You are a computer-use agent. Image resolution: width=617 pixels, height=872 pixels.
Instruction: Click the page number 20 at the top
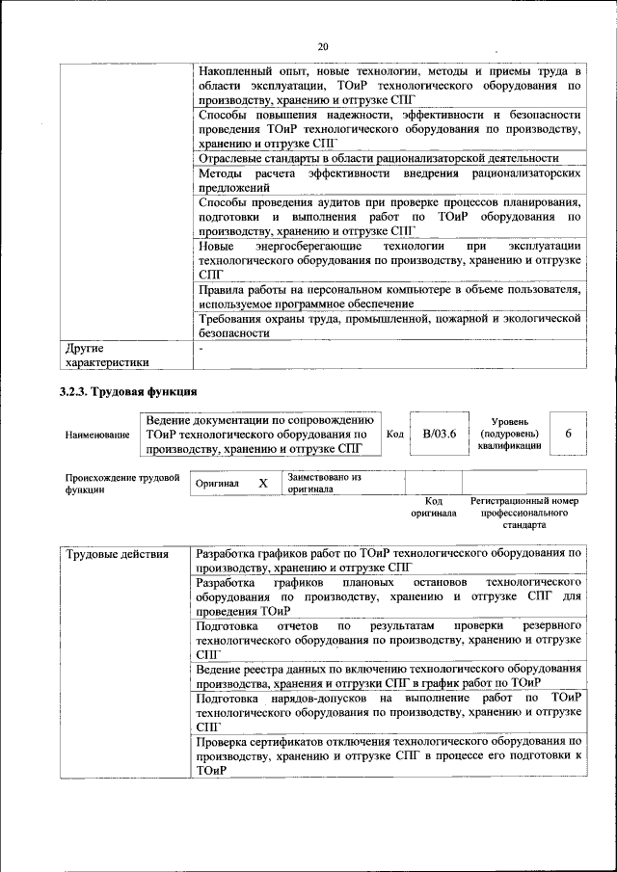click(323, 46)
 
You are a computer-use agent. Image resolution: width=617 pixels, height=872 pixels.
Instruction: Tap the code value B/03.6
click(439, 434)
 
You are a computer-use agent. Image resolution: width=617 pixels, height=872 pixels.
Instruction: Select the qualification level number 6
click(569, 434)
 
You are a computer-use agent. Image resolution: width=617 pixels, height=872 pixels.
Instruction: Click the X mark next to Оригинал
click(262, 483)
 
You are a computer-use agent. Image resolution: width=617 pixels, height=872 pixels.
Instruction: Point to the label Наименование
click(97, 436)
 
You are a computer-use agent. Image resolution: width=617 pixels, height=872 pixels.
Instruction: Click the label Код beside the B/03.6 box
click(394, 434)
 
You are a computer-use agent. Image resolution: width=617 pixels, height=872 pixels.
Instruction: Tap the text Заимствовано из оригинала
click(324, 483)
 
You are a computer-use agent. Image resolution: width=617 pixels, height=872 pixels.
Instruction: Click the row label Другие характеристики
click(107, 355)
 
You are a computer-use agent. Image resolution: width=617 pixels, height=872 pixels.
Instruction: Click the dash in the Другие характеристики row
click(200, 348)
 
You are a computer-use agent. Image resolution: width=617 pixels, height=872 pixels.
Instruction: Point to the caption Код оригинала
click(433, 508)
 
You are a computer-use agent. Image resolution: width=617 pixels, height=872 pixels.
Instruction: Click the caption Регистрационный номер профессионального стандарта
click(523, 514)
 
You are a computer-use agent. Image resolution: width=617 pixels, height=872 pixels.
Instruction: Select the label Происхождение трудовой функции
click(122, 483)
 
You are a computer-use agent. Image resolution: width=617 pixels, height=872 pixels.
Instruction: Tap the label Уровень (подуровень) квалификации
click(508, 435)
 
